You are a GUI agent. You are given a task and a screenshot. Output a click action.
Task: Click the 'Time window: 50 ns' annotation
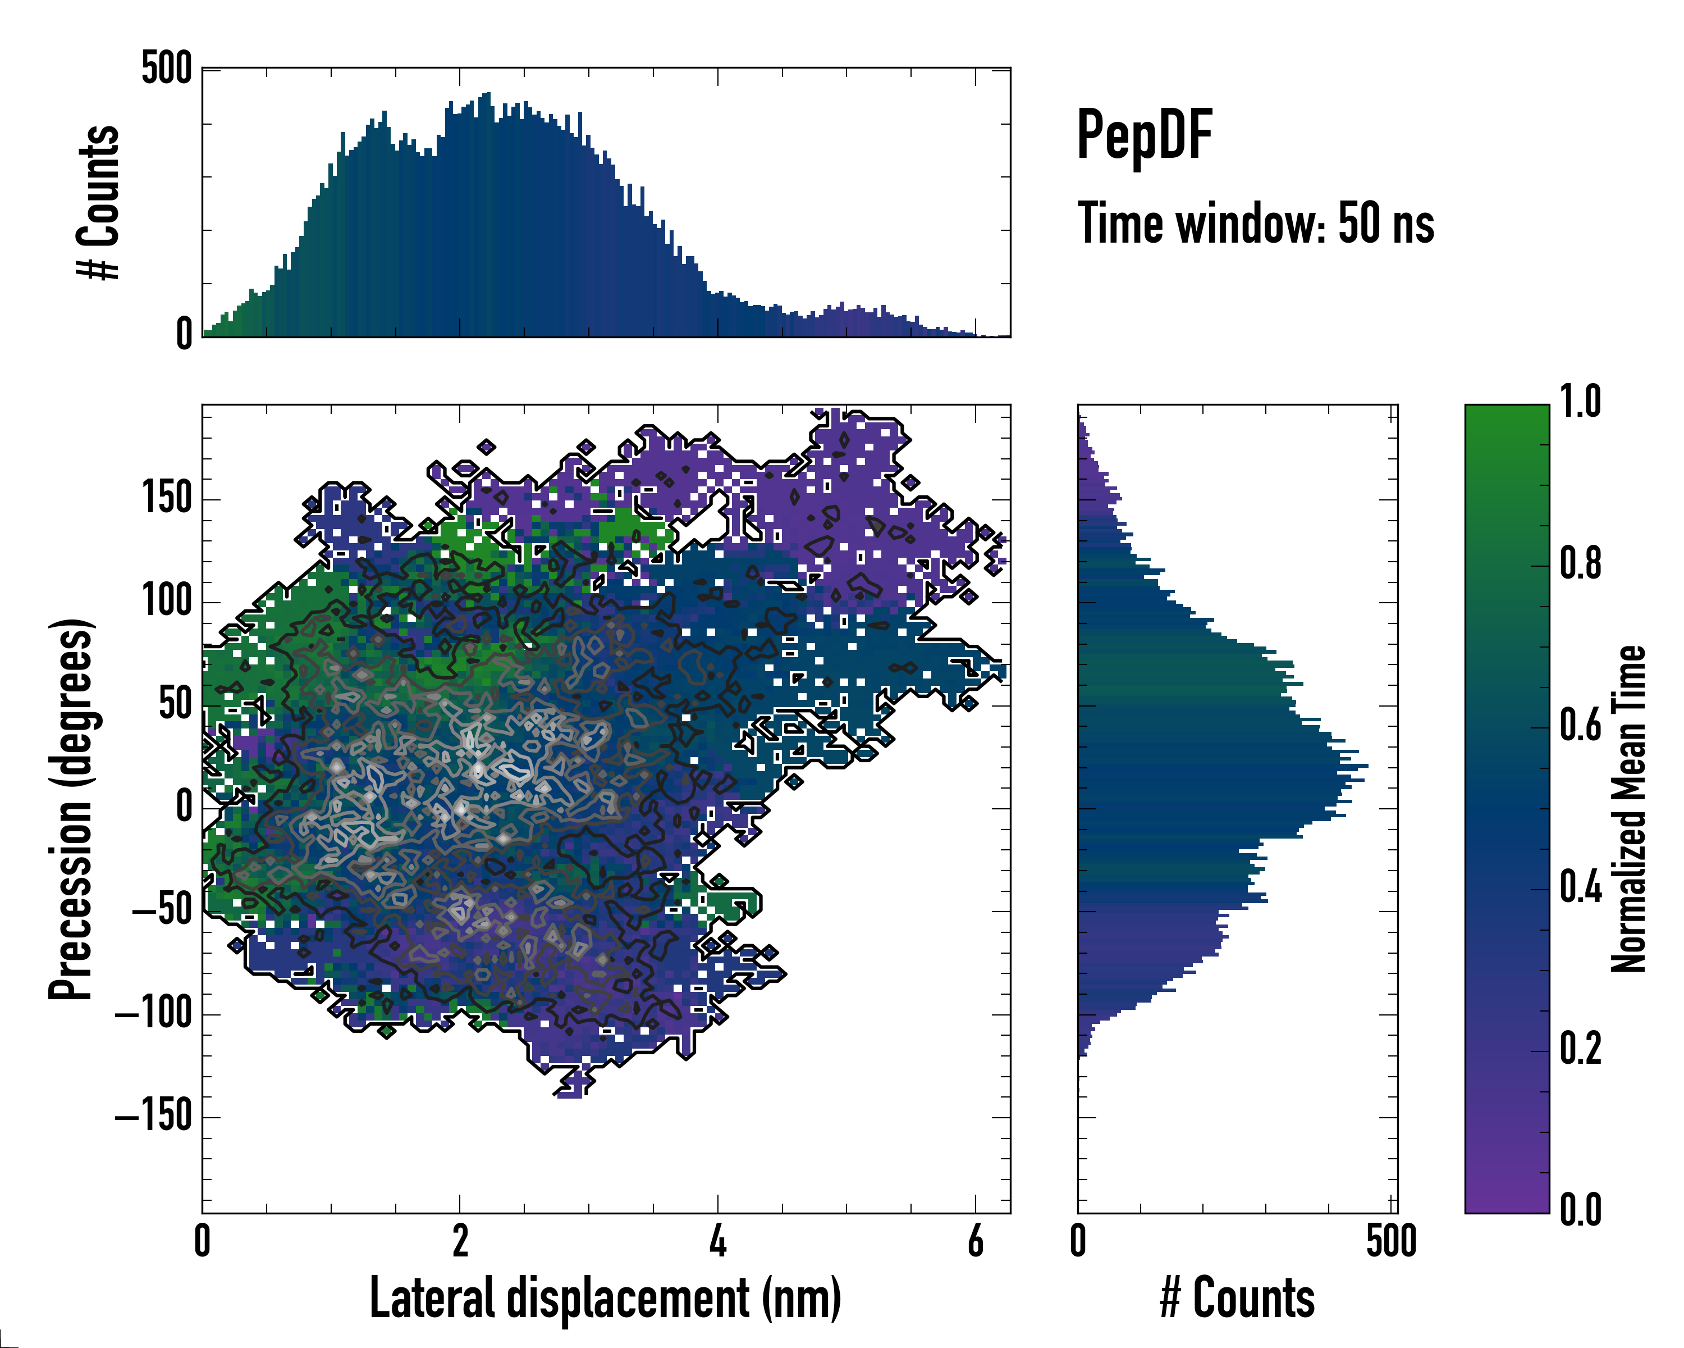coord(1255,224)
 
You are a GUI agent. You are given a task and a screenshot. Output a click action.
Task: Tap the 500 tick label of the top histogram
coord(166,68)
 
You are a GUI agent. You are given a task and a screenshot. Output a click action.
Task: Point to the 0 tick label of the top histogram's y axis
coord(184,334)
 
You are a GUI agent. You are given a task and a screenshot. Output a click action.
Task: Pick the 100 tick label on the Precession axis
coord(166,601)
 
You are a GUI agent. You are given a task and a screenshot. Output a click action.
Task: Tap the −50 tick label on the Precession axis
coord(162,910)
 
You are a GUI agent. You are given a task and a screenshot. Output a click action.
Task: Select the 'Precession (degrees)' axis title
coord(71,809)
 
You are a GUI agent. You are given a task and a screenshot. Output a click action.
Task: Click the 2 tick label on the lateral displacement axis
coord(460,1241)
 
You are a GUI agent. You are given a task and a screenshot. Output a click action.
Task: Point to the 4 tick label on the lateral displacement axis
coord(718,1241)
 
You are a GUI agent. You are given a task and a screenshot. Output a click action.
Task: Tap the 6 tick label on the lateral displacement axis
coord(976,1241)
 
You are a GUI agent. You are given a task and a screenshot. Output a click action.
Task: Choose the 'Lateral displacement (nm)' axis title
coord(605,1298)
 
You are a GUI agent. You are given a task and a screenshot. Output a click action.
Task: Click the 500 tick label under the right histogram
coord(1391,1241)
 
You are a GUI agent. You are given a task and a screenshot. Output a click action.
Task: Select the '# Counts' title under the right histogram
coord(1237,1298)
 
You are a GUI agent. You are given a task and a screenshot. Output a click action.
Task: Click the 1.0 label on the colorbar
coord(1580,403)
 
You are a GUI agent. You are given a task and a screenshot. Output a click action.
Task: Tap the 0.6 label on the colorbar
coord(1580,725)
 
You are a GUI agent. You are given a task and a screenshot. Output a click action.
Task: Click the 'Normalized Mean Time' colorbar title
coord(1628,809)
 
